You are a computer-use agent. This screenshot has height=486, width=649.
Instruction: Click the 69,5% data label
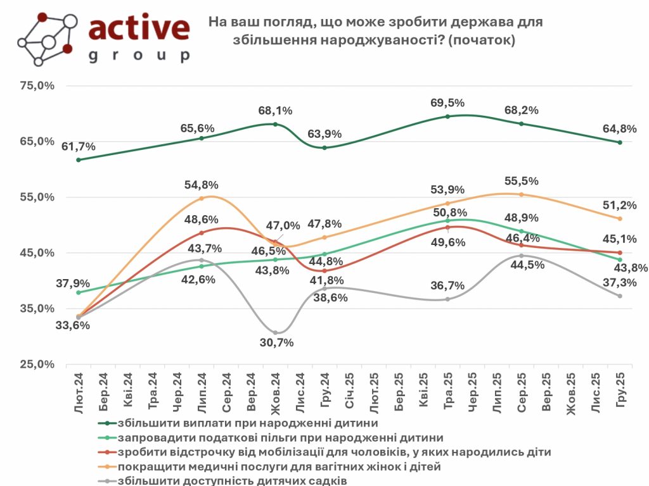[447, 103]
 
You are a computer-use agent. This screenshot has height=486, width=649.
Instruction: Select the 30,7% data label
[276, 342]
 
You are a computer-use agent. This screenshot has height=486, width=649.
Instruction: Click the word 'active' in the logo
[139, 28]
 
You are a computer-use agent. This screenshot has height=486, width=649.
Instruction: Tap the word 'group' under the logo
[139, 55]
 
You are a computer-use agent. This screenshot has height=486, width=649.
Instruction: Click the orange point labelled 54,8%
[202, 198]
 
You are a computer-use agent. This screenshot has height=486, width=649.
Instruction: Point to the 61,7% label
[79, 147]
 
